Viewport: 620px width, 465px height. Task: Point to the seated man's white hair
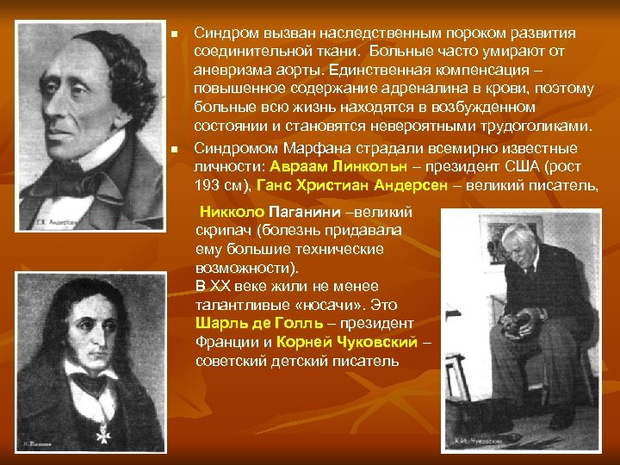(520, 232)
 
